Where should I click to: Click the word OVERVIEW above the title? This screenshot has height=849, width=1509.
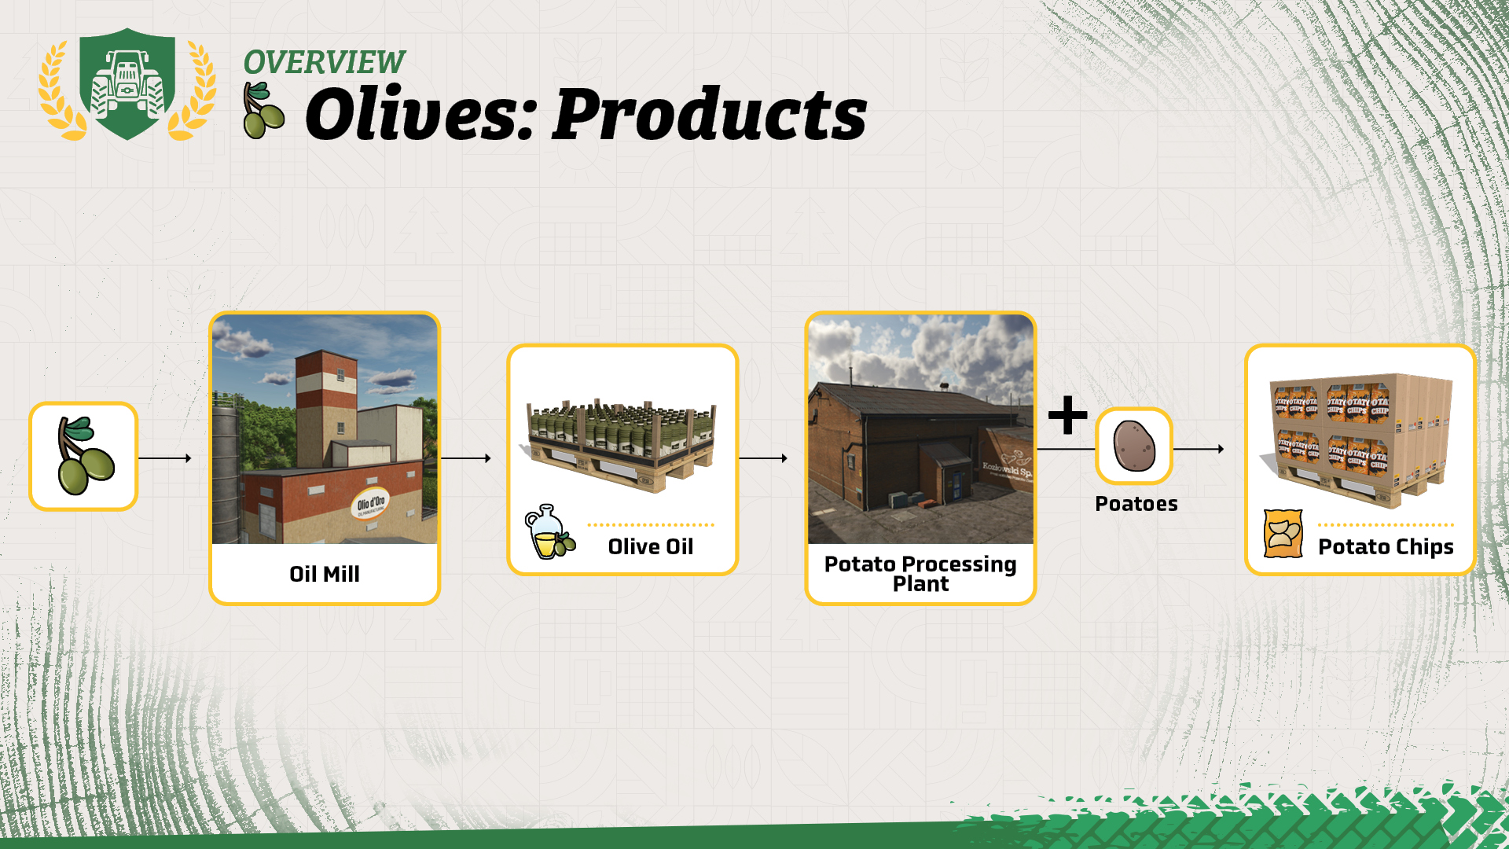tap(324, 62)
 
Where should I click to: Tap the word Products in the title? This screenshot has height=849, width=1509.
tap(710, 115)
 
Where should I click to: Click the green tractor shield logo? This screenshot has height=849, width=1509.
tap(127, 84)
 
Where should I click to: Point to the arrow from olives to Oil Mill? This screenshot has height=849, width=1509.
tap(165, 458)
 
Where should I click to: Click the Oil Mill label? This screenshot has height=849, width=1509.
tap(325, 574)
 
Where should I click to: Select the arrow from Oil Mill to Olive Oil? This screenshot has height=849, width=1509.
tap(465, 458)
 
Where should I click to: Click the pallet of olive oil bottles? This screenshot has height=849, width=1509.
tap(621, 444)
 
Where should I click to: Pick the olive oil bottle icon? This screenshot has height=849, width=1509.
tap(549, 532)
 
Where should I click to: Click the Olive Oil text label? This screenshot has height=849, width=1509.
tap(651, 546)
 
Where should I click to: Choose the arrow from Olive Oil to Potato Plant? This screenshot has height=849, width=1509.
tap(763, 458)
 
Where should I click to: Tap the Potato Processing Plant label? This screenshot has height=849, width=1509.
tap(920, 574)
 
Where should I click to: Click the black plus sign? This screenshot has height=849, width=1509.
tap(1067, 415)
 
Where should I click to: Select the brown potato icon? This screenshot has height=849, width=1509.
tap(1134, 446)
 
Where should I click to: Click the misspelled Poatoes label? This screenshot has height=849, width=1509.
tap(1136, 504)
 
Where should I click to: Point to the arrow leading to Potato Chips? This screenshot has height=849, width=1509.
tap(1199, 449)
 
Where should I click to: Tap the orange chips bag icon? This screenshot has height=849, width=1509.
tap(1283, 534)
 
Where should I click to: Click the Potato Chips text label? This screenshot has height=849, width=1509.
tap(1386, 547)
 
